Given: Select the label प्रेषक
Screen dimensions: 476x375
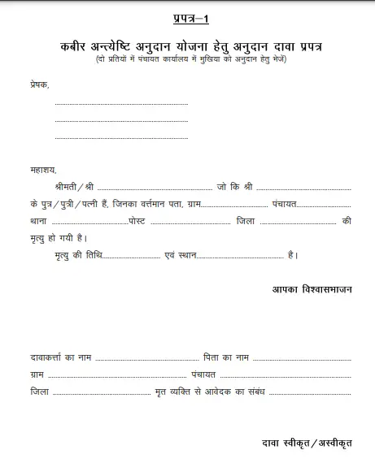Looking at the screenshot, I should [x=38, y=84].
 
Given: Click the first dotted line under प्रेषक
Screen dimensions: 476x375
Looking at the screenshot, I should [x=121, y=104].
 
